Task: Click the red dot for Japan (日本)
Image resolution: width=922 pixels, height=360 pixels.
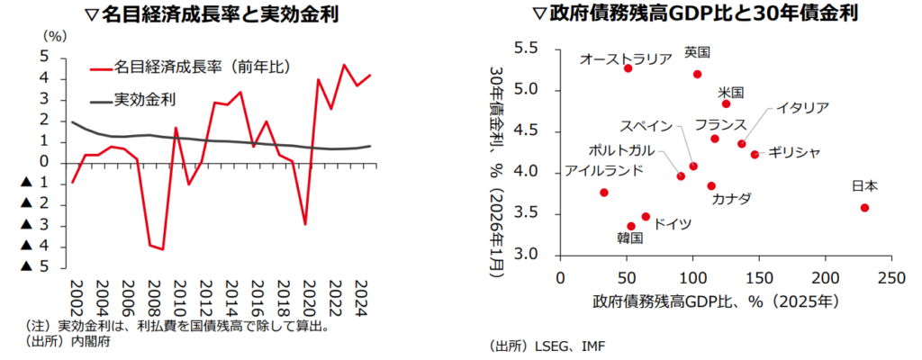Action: tap(864, 208)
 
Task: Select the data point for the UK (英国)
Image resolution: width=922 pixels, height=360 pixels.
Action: tap(697, 74)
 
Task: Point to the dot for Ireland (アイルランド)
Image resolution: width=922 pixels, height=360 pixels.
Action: tap(603, 193)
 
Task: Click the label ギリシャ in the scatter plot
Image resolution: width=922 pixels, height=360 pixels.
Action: tap(795, 153)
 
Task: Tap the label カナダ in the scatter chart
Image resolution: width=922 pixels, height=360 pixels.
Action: tap(731, 199)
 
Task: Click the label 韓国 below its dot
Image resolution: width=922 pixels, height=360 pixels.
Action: tap(630, 238)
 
